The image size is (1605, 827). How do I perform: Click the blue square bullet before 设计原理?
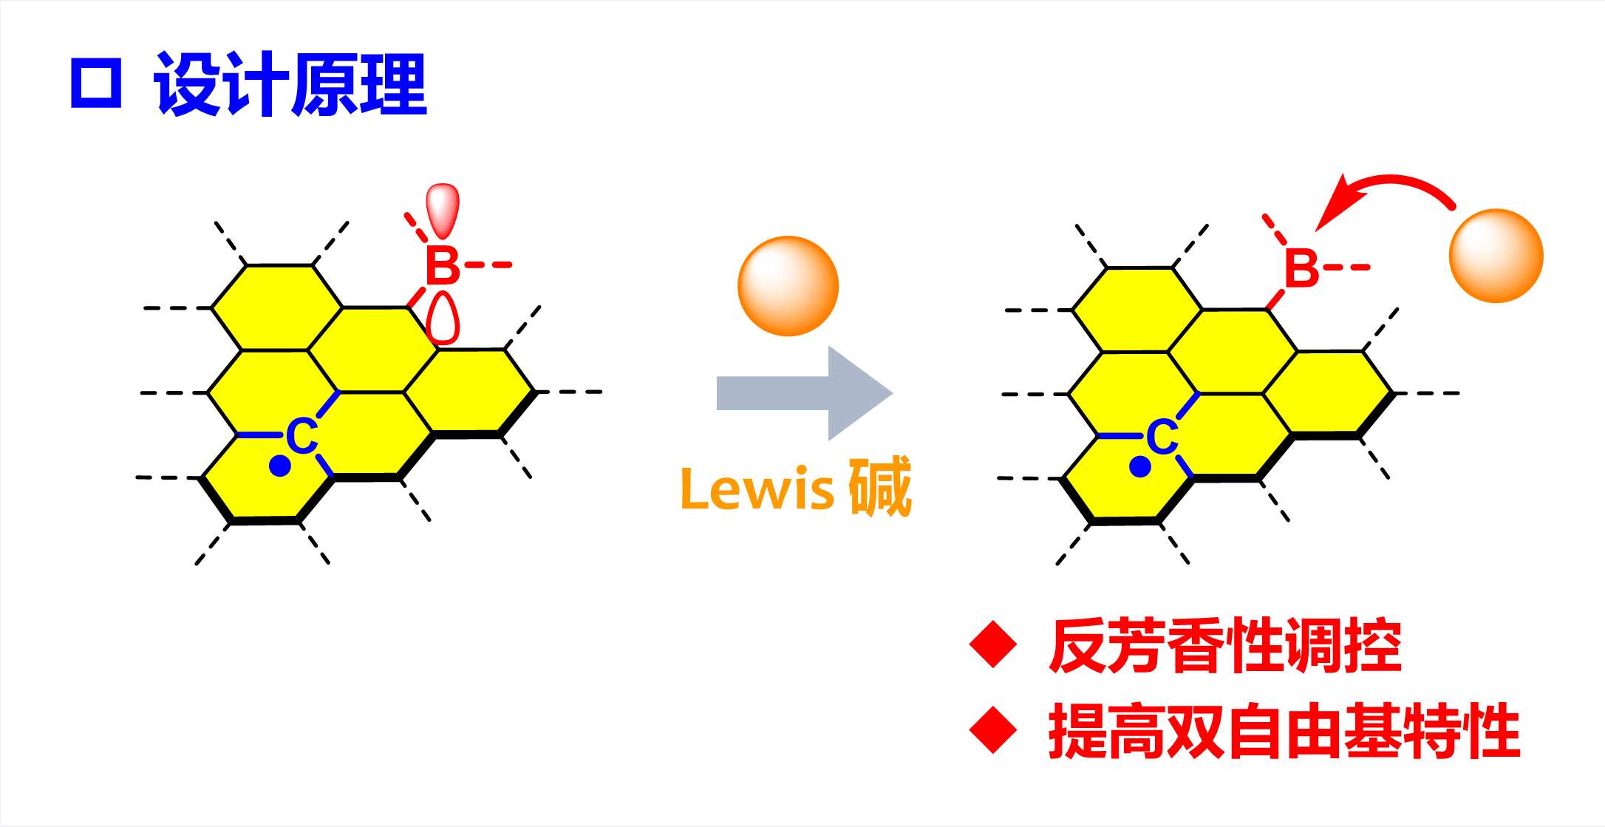[x=96, y=84]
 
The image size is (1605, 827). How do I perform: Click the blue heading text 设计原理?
[x=290, y=84]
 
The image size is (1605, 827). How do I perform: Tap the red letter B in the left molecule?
[x=443, y=266]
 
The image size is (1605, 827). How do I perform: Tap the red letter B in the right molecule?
[x=1301, y=269]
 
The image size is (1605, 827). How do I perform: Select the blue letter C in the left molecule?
[x=301, y=436]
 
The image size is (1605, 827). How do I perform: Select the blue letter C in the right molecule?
[x=1162, y=438]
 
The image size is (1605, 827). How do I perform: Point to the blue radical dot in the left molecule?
[x=280, y=466]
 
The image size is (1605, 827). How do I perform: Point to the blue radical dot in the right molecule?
[x=1140, y=467]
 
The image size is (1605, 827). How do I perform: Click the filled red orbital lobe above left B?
[x=443, y=208]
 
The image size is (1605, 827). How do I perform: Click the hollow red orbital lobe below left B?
[x=443, y=319]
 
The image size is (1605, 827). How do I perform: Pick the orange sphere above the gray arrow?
[x=788, y=286]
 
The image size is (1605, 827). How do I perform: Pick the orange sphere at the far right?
[x=1496, y=256]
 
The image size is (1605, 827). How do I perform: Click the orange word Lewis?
[x=757, y=489]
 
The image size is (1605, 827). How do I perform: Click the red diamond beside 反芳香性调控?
[x=993, y=644]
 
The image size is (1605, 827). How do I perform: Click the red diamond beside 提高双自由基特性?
[x=993, y=730]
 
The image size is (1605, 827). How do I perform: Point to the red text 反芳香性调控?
[x=1224, y=645]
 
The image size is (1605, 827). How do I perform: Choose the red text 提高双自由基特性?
[x=1284, y=731]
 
